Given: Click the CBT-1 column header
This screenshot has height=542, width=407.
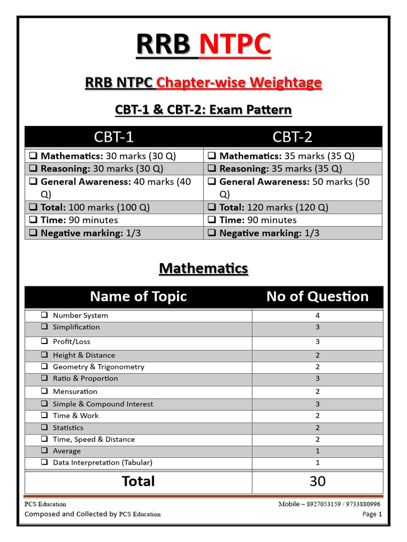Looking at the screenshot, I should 114,137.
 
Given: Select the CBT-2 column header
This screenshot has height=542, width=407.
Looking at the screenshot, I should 293,137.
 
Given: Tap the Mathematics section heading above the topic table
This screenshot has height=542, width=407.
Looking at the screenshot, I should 203,268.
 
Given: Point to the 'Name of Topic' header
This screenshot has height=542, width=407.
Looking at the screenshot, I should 138,296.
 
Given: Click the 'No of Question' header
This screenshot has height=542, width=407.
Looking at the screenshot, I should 317,296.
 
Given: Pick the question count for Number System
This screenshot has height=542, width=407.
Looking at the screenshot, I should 317,315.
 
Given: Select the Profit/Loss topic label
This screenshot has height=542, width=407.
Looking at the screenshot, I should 72,341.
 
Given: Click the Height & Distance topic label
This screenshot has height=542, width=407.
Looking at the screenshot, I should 84,355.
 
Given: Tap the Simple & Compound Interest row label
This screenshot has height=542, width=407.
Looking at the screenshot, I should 103,404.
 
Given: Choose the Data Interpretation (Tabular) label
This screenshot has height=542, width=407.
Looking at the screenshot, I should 102,463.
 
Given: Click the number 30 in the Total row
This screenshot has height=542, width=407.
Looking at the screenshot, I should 317,481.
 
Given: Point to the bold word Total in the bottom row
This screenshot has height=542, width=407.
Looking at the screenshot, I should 138,481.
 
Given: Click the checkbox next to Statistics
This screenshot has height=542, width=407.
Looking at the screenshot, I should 45,428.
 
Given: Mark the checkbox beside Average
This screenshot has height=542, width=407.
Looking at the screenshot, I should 45,451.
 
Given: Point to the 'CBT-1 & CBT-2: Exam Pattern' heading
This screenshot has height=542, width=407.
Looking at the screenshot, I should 203,110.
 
